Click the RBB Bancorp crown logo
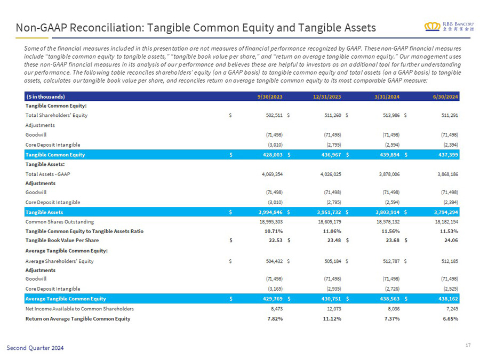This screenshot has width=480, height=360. (x=432, y=27)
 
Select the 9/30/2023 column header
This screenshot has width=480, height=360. (x=270, y=97)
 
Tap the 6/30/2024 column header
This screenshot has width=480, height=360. (x=445, y=97)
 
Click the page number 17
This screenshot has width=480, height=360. (x=468, y=345)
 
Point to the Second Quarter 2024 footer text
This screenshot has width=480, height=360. (x=35, y=348)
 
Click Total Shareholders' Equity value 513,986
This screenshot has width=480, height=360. (x=391, y=115)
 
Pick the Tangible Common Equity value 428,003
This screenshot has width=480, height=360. (x=273, y=155)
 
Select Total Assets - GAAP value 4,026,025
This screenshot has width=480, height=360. (x=331, y=174)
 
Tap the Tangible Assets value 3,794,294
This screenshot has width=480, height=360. (x=446, y=212)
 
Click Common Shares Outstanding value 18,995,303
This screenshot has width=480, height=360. (x=271, y=222)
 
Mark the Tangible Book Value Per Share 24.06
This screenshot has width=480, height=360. (x=451, y=241)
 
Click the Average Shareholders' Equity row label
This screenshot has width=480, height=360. (x=59, y=261)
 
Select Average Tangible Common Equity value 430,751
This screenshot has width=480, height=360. (x=331, y=299)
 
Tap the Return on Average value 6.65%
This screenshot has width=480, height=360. (x=451, y=319)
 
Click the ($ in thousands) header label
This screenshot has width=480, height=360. (x=45, y=97)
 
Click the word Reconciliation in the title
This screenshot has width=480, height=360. (x=107, y=28)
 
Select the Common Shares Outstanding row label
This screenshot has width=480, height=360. (x=60, y=222)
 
